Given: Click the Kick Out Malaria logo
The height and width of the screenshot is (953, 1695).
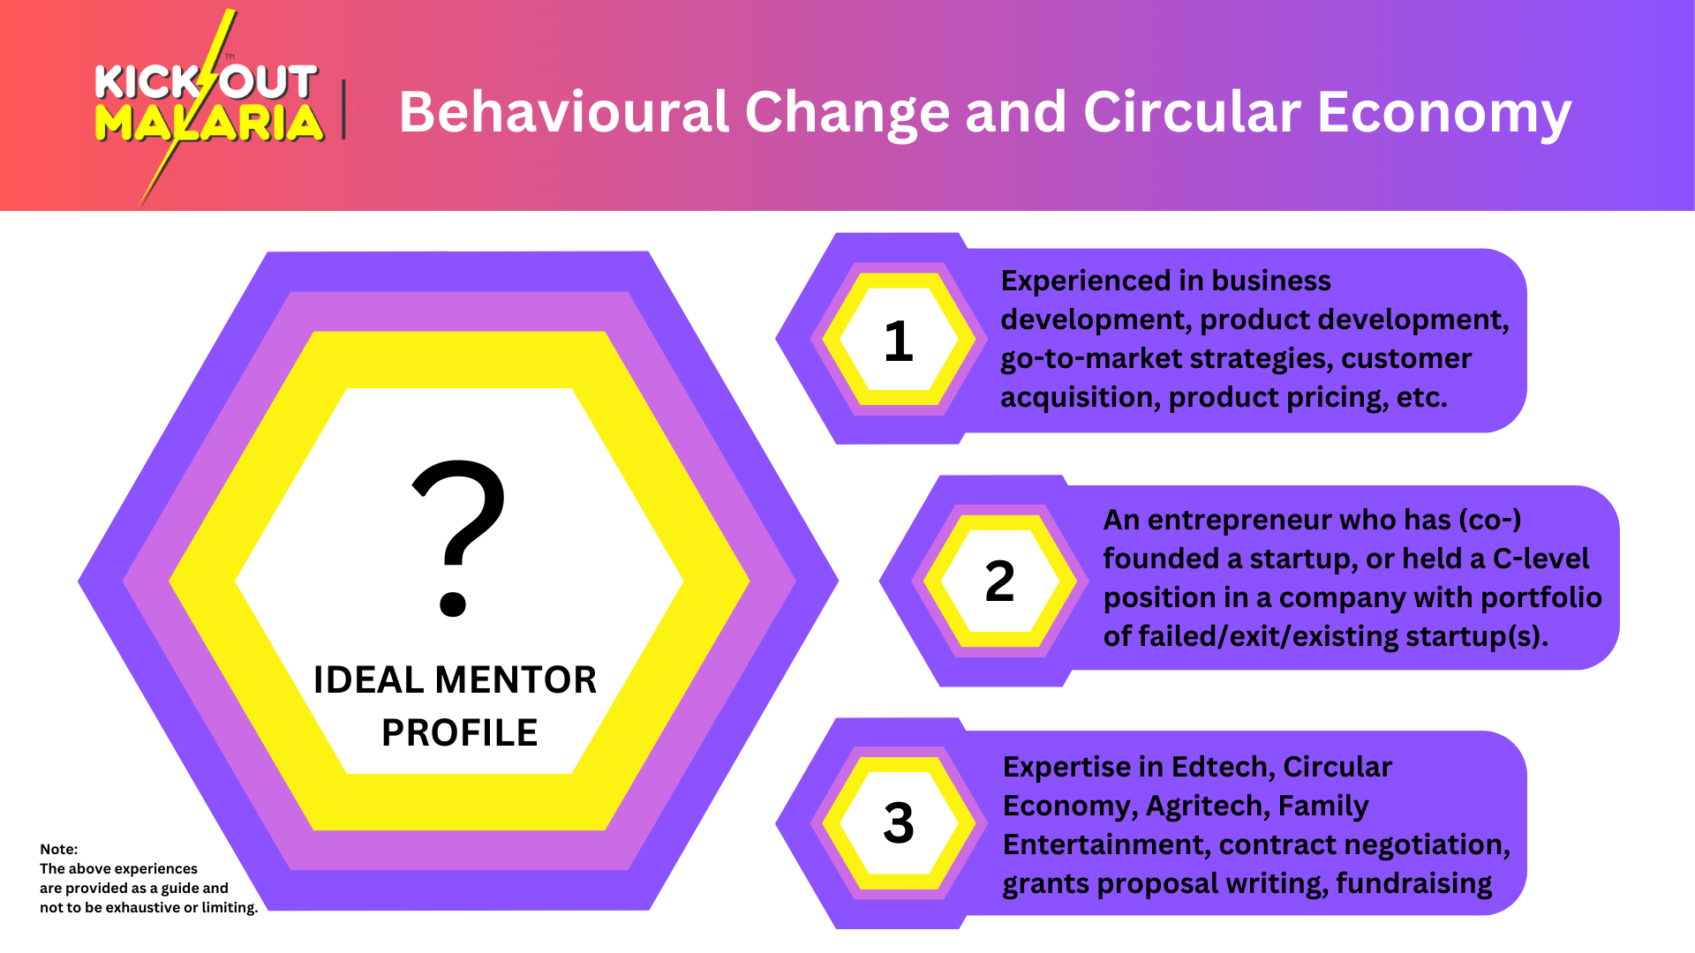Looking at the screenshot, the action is (x=208, y=106).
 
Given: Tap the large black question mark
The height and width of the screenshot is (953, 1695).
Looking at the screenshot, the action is (x=458, y=537).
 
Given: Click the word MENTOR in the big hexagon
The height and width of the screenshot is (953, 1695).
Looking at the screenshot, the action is (x=516, y=680).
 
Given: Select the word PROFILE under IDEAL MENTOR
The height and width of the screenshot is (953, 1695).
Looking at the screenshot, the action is (x=459, y=733).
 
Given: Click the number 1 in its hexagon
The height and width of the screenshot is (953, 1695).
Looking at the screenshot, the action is (x=898, y=341).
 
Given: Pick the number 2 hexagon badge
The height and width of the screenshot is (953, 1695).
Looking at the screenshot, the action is (x=1000, y=582).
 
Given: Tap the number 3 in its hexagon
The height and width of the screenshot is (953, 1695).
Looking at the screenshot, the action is (x=899, y=823).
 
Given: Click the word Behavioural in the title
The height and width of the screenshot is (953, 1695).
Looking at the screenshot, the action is (x=563, y=112).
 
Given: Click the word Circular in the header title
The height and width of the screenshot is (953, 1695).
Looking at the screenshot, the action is (x=1192, y=112).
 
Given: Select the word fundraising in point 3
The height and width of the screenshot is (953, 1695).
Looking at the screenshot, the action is (x=1413, y=884).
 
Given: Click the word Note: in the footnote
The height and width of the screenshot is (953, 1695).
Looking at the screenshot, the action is (x=58, y=849).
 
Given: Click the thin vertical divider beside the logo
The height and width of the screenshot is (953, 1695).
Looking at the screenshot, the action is (x=343, y=109).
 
